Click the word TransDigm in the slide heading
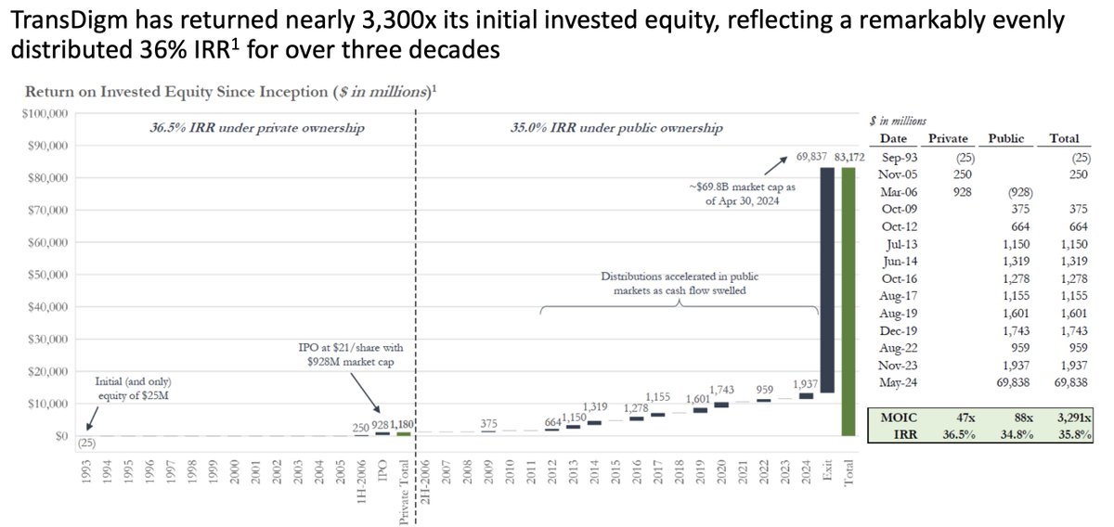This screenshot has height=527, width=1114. [58, 22]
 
